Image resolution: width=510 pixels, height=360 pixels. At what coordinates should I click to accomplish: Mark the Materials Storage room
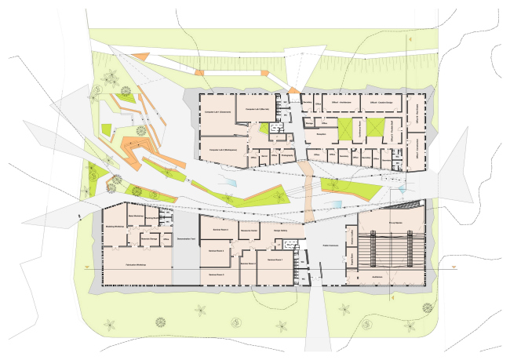tap(150, 238)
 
